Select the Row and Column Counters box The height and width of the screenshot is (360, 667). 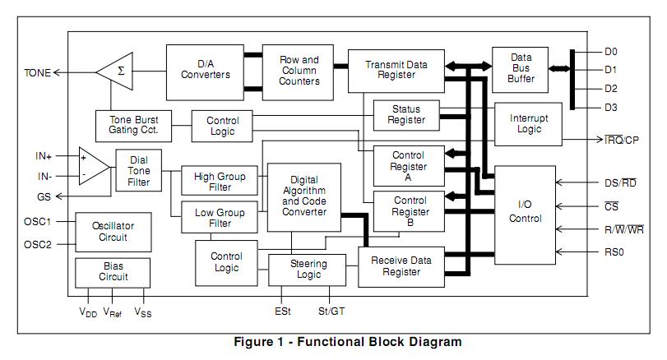(x=299, y=72)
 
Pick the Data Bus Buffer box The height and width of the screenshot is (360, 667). (x=520, y=68)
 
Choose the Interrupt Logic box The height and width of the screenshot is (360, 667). (x=527, y=123)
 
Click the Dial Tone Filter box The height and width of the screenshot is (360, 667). (x=138, y=170)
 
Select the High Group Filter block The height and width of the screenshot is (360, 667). (x=220, y=181)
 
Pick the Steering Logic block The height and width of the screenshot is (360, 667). (x=308, y=269)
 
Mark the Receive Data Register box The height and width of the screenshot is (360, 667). (x=401, y=267)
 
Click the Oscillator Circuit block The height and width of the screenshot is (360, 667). (x=113, y=232)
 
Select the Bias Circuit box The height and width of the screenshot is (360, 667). (x=113, y=271)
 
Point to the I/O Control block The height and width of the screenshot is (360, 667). (x=525, y=212)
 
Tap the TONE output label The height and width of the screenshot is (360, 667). (x=38, y=72)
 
